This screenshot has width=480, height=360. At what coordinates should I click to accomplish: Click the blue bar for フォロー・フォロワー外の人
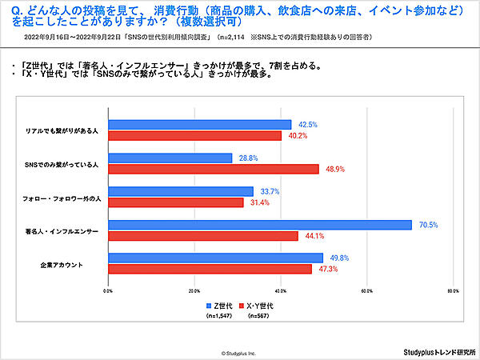[x=181, y=191]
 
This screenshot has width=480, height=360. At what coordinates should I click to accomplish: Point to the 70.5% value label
[x=427, y=225]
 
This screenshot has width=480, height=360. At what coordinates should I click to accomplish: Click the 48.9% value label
[x=334, y=169]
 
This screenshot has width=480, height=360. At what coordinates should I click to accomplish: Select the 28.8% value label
[x=248, y=158]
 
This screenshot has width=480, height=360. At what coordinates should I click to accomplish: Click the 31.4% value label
[x=259, y=202]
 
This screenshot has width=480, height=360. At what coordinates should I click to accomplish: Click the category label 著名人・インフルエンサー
[x=62, y=230]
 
